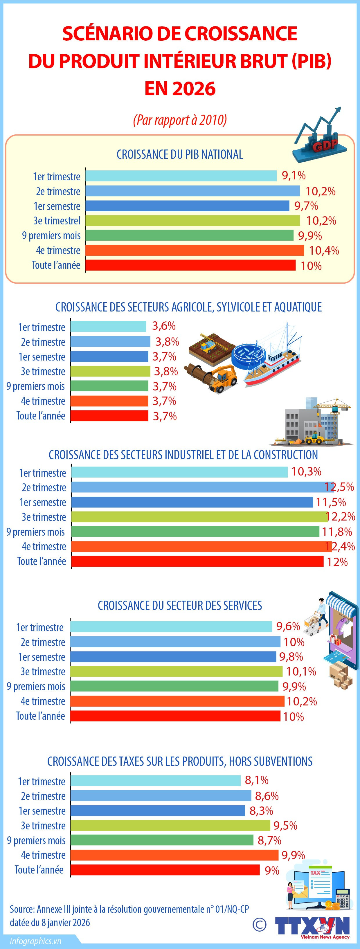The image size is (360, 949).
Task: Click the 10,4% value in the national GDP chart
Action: pyautogui.click(x=323, y=251)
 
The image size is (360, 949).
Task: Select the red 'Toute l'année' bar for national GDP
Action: pyautogui.click(x=190, y=265)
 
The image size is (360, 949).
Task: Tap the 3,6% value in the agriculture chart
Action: pyautogui.click(x=164, y=326)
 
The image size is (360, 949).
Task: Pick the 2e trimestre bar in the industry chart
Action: pyautogui.click(x=203, y=487)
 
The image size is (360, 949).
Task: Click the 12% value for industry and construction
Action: pyautogui.click(x=337, y=562)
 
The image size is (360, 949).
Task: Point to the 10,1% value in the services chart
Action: pyautogui.click(x=301, y=671)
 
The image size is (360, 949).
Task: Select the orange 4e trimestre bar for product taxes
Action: pyautogui.click(x=174, y=855)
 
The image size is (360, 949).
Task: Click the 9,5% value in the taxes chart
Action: pyautogui.click(x=285, y=826)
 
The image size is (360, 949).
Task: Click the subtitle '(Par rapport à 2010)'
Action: pyautogui.click(x=180, y=120)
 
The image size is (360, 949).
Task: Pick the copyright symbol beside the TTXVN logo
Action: pyautogui.click(x=260, y=924)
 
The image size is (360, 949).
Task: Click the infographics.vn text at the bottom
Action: pyautogui.click(x=35, y=941)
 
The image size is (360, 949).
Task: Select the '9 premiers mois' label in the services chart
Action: pyautogui.click(x=36, y=687)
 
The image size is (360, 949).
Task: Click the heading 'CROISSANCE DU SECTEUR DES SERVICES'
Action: pyautogui.click(x=180, y=605)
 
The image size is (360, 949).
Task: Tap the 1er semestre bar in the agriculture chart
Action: pyautogui.click(x=109, y=356)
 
